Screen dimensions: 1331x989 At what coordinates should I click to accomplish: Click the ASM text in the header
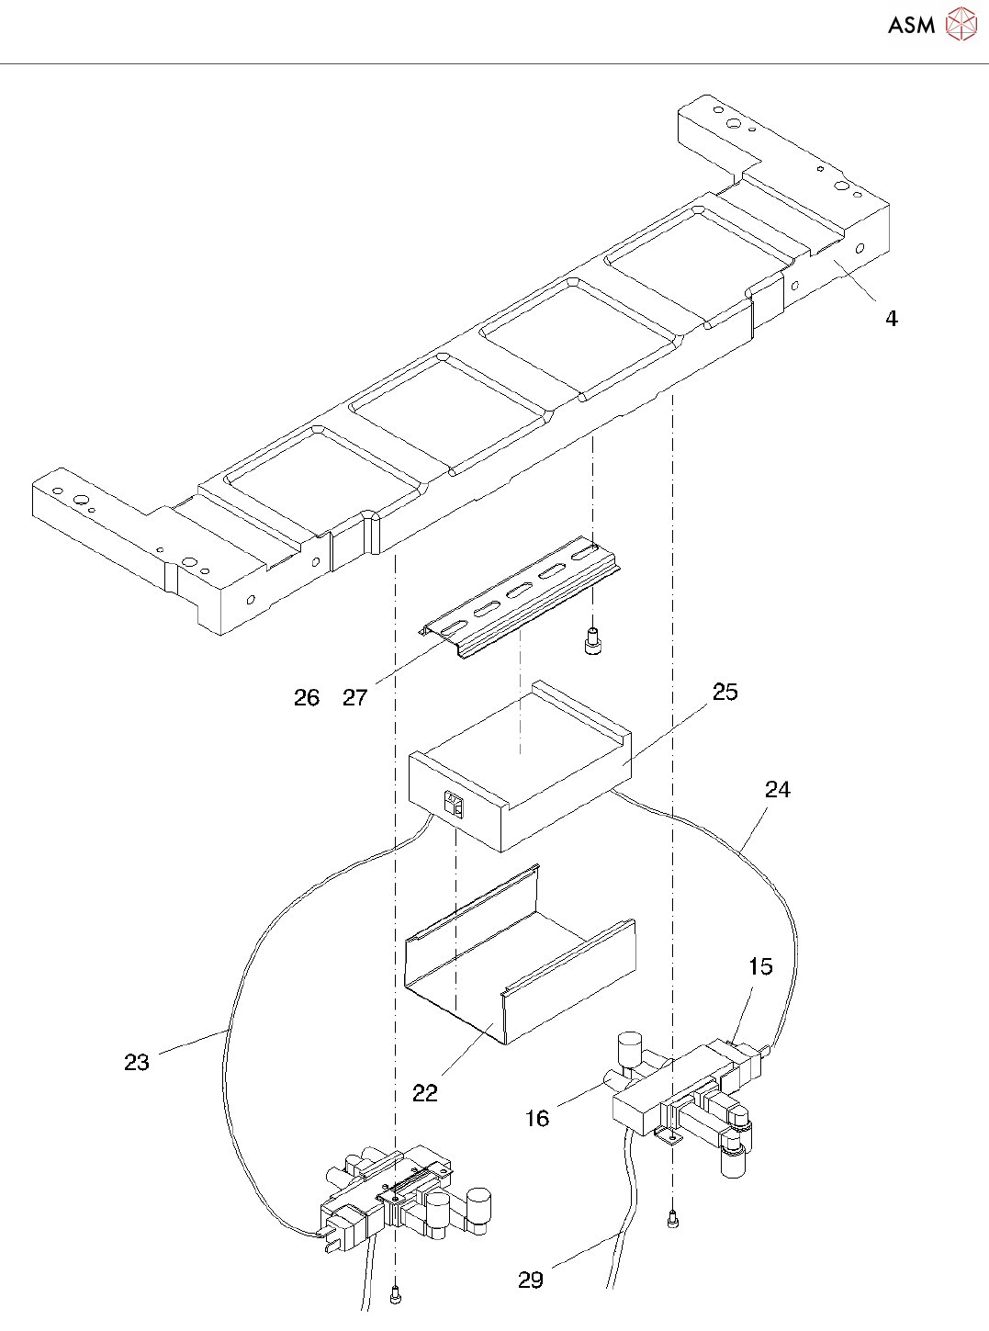pos(911,26)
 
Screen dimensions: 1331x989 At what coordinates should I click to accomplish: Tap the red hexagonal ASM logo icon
pos(961,25)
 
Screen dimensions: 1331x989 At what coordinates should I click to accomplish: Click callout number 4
pos(891,319)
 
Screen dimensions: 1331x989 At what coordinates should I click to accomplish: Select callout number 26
pos(307,698)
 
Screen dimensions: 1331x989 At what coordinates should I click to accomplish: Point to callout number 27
pos(355,698)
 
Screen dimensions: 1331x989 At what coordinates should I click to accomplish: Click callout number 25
pos(725,693)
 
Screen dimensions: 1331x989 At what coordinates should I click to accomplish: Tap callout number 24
pos(777,790)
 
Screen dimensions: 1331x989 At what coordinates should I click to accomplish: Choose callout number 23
pos(137,1063)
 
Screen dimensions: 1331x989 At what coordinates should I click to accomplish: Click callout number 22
pos(425,1093)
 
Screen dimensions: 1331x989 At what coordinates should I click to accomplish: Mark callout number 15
pos(760,967)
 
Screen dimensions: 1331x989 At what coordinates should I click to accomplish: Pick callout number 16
pos(537,1119)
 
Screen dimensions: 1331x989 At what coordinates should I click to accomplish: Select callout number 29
pos(531,1280)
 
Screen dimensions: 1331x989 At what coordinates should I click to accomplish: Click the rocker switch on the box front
pos(454,806)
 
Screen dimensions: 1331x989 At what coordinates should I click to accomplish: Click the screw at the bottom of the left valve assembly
pos(396,1295)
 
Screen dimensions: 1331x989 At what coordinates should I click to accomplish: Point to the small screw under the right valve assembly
pos(672,1220)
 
